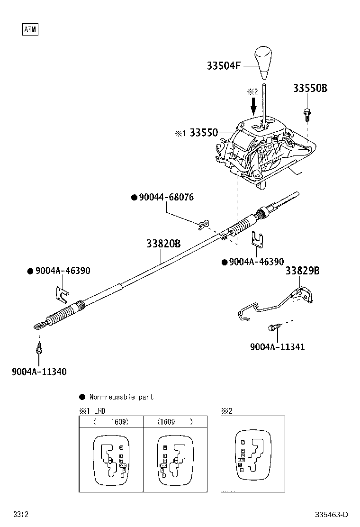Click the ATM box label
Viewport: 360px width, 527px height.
(x=30, y=30)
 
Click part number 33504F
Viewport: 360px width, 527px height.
(x=223, y=66)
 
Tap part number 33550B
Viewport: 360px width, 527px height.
(x=310, y=88)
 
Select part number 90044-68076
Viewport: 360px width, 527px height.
(x=166, y=197)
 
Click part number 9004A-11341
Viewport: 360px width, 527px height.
(x=277, y=346)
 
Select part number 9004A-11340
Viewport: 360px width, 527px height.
(x=39, y=372)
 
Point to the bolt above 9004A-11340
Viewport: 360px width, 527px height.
(x=38, y=350)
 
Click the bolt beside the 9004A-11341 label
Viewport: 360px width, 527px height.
(x=274, y=327)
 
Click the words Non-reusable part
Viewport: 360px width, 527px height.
(x=121, y=397)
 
